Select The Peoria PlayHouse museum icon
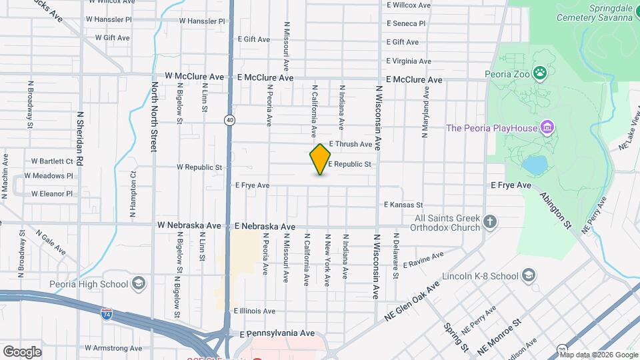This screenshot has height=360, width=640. pos(547,127)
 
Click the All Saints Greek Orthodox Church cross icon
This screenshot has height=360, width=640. pos(490,222)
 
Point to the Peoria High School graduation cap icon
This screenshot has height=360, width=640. pos(139,283)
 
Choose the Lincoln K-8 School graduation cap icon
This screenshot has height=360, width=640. pos(528,275)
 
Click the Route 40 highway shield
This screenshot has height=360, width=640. pos(229,120)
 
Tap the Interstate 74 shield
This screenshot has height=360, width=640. pos(107,313)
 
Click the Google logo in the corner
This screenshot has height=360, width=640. pos(22,351)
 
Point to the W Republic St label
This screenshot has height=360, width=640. pos(199,167)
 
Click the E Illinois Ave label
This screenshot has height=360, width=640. pos(254,311)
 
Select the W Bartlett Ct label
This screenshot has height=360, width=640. pos(52,161)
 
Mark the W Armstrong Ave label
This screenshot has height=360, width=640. pos(113,348)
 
